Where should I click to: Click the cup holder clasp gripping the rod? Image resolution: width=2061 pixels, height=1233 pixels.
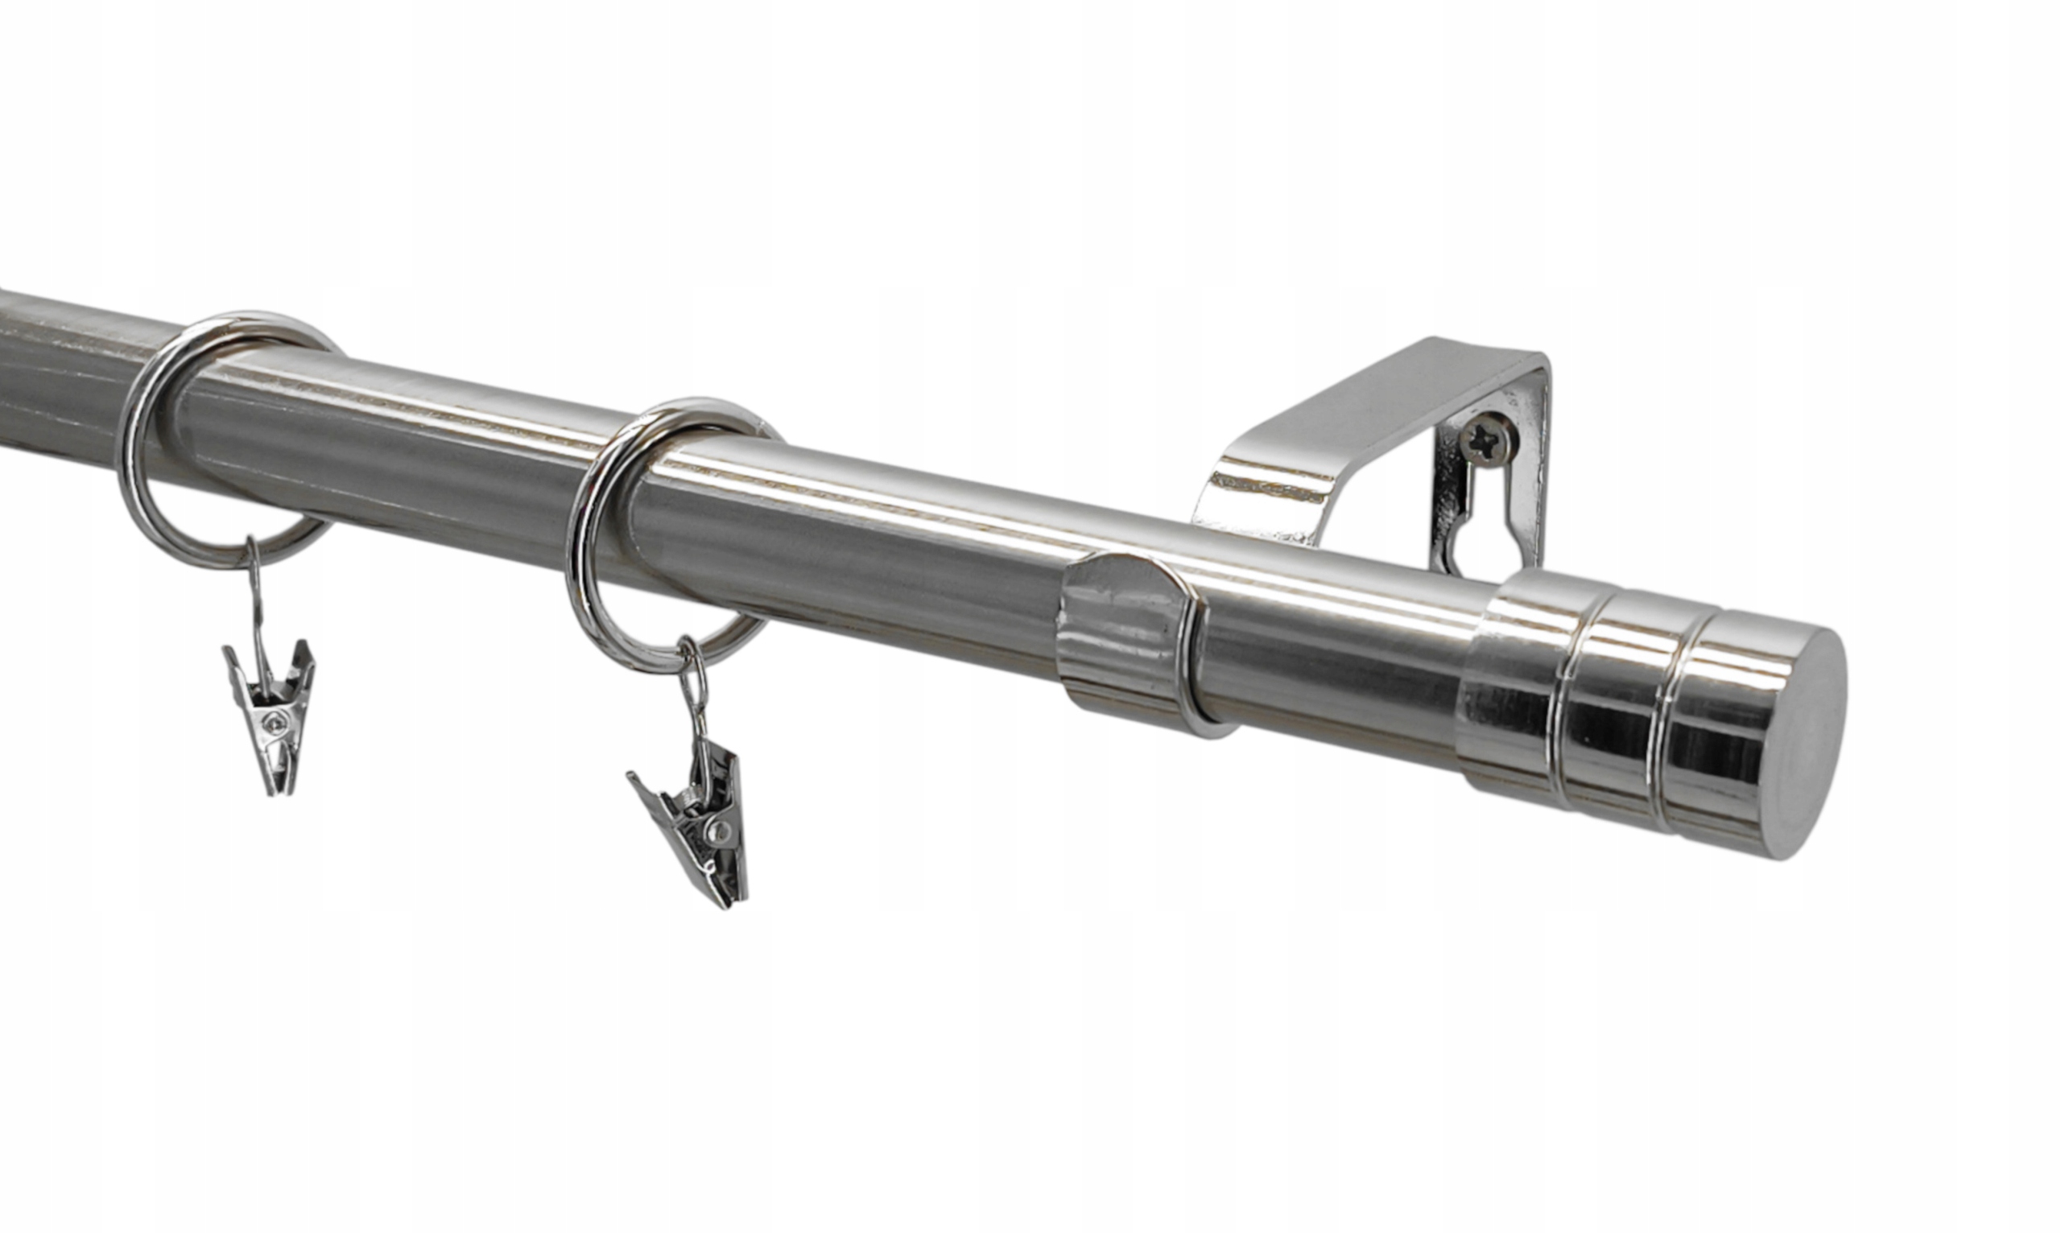pyautogui.click(x=1122, y=636)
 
